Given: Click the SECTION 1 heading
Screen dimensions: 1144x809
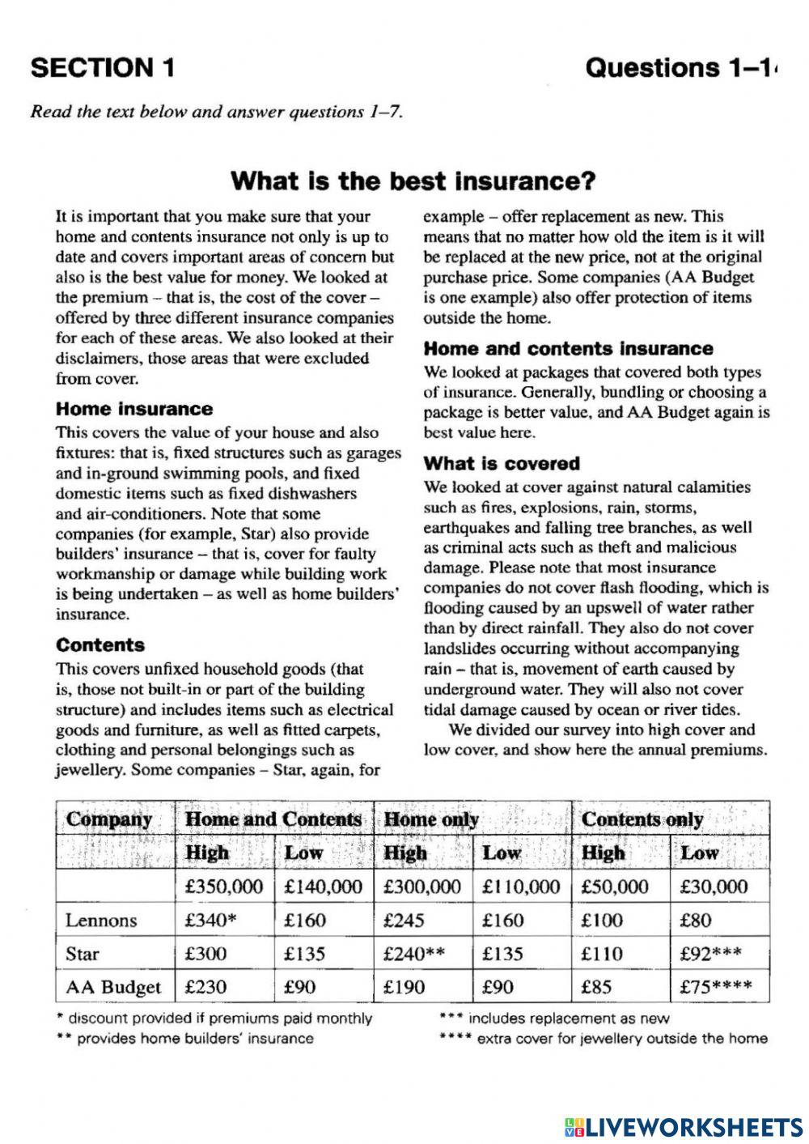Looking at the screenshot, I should point(103,68).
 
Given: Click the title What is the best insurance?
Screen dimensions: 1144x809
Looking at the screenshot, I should point(413,181).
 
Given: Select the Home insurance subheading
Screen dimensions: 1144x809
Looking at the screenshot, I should point(134,409).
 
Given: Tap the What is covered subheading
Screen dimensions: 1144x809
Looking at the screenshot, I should point(502,464).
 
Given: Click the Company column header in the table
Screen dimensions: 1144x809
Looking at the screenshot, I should point(109,819).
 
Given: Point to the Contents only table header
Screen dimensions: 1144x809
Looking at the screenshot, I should point(642,819).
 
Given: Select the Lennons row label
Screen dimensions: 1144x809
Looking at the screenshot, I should point(101,921).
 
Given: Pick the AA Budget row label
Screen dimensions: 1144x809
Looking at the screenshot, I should point(113,987).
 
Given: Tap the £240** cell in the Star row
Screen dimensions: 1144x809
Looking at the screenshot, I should point(414,954).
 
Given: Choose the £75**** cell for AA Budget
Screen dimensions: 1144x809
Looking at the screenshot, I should point(716,987).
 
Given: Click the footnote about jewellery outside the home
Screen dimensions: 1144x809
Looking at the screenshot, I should point(603,1039).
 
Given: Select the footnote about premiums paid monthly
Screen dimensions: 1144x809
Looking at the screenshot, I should point(214,1019).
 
